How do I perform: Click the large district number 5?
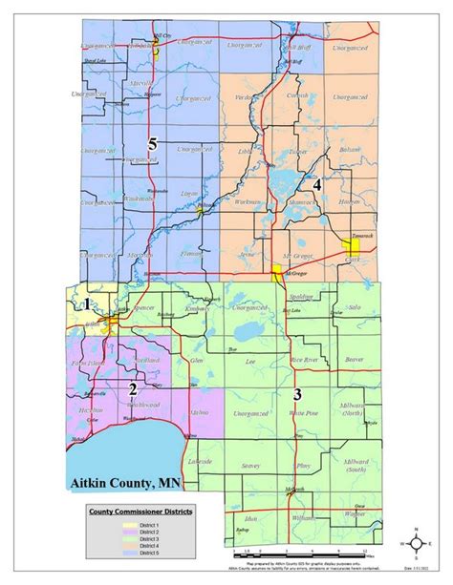151,144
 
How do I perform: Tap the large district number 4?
317,185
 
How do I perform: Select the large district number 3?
297,393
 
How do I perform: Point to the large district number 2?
134,389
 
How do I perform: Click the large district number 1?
87,304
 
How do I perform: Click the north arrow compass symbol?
417,544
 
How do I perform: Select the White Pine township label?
301,412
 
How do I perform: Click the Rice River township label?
304,360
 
